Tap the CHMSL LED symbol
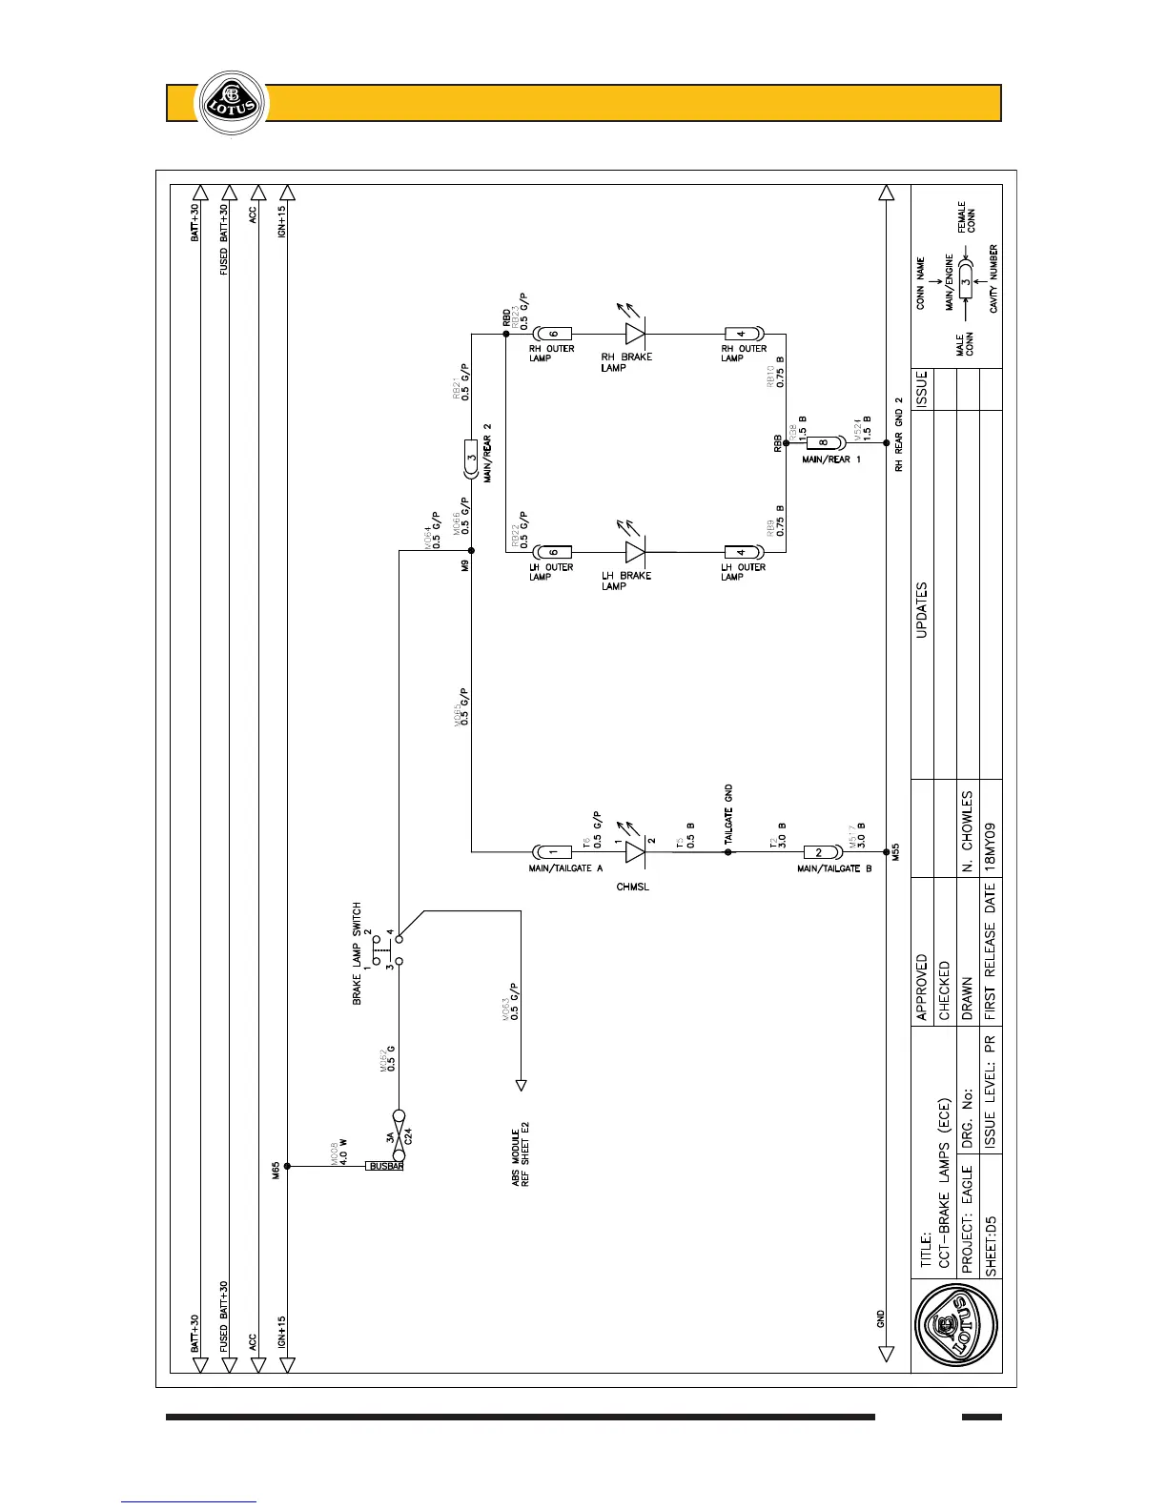coord(636,852)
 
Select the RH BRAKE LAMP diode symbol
coord(636,334)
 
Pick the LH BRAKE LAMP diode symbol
coord(636,552)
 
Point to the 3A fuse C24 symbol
coord(399,1127)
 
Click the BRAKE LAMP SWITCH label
coord(358,953)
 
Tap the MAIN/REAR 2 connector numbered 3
coord(471,457)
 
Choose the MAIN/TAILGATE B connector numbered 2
coord(819,852)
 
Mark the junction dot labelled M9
coord(472,552)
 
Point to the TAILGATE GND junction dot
coord(728,852)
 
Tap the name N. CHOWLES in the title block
coord(967,831)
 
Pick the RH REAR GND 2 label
coord(898,434)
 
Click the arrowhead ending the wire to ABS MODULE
coord(522,1085)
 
